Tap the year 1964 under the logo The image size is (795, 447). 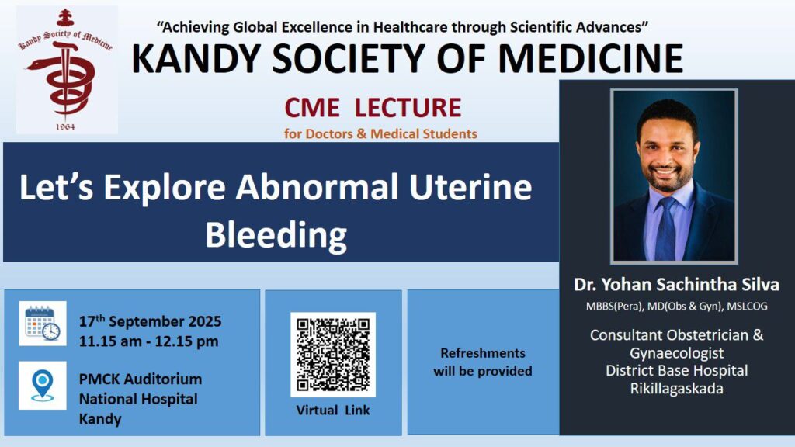[65, 126]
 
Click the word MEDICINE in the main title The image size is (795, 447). [591, 59]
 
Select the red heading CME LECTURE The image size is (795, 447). [373, 107]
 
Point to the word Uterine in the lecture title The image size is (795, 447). [470, 187]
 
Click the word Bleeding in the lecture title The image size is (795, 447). [276, 235]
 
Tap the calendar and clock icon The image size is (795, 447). [43, 324]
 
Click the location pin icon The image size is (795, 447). [43, 385]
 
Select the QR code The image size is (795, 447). [333, 355]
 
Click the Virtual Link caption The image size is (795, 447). [333, 410]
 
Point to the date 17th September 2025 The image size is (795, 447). [150, 321]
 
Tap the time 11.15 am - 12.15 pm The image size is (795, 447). [148, 341]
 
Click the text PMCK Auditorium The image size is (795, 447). [141, 379]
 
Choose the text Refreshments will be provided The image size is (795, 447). [483, 362]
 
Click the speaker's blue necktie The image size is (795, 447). [665, 228]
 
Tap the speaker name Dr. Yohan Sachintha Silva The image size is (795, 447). [676, 284]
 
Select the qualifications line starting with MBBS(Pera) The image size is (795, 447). [676, 306]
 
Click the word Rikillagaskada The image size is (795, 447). [676, 389]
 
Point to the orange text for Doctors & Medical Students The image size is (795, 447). [380, 133]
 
